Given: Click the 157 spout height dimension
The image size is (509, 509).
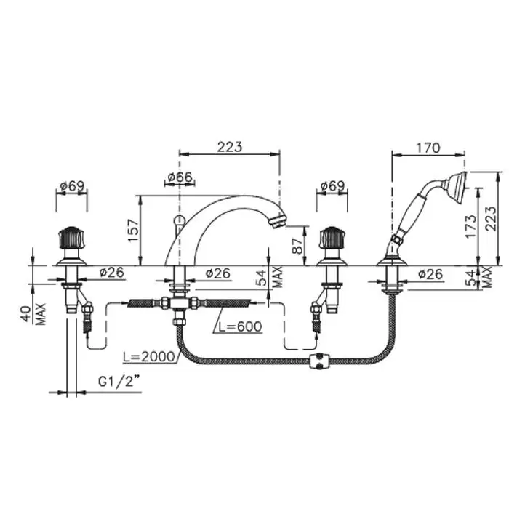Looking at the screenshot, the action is point(133,231).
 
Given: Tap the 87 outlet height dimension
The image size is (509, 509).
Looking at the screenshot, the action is point(297,246).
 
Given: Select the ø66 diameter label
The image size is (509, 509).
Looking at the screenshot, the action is point(180,177).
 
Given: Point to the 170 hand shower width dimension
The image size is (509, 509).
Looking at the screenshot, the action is point(428,148).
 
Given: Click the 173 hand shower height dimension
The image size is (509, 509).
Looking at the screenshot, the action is point(471,226).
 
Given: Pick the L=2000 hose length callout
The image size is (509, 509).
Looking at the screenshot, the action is point(149,357).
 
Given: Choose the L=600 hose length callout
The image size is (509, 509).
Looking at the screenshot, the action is point(240,326).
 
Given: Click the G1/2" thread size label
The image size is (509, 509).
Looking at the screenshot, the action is point(119,382).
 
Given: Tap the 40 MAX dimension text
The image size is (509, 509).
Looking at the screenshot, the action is point(34,314).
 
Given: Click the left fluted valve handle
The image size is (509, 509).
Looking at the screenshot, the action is point(71,238).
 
